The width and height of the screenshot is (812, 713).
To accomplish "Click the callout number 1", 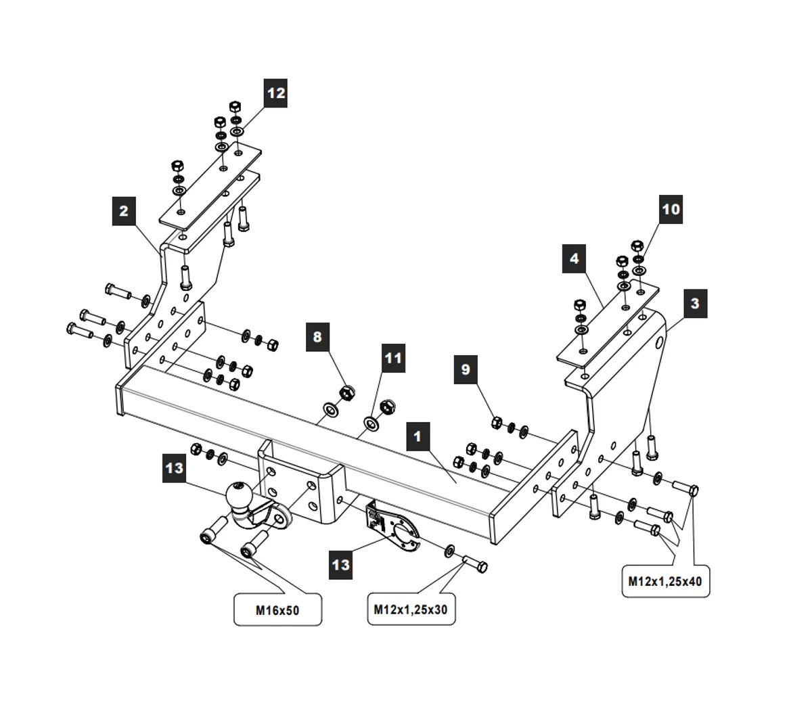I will [x=418, y=436].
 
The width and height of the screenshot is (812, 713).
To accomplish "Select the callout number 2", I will [x=123, y=210].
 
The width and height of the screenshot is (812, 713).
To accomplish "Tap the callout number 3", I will [x=695, y=303].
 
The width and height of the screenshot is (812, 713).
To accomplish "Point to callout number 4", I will [x=574, y=258].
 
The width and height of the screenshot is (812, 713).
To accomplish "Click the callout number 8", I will [x=317, y=336].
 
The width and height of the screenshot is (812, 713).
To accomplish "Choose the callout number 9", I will [x=465, y=369].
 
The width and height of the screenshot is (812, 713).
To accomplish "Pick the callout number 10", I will [x=671, y=209].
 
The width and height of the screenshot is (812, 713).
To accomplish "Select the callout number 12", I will [x=275, y=93].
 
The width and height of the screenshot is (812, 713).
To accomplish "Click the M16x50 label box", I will [x=277, y=610].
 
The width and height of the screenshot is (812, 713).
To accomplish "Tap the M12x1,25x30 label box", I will [x=411, y=609].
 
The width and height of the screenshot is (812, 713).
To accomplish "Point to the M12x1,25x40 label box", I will [x=665, y=580].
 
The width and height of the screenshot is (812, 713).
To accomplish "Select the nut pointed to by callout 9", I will [x=496, y=423].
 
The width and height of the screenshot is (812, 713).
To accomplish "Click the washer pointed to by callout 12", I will [x=237, y=131].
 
